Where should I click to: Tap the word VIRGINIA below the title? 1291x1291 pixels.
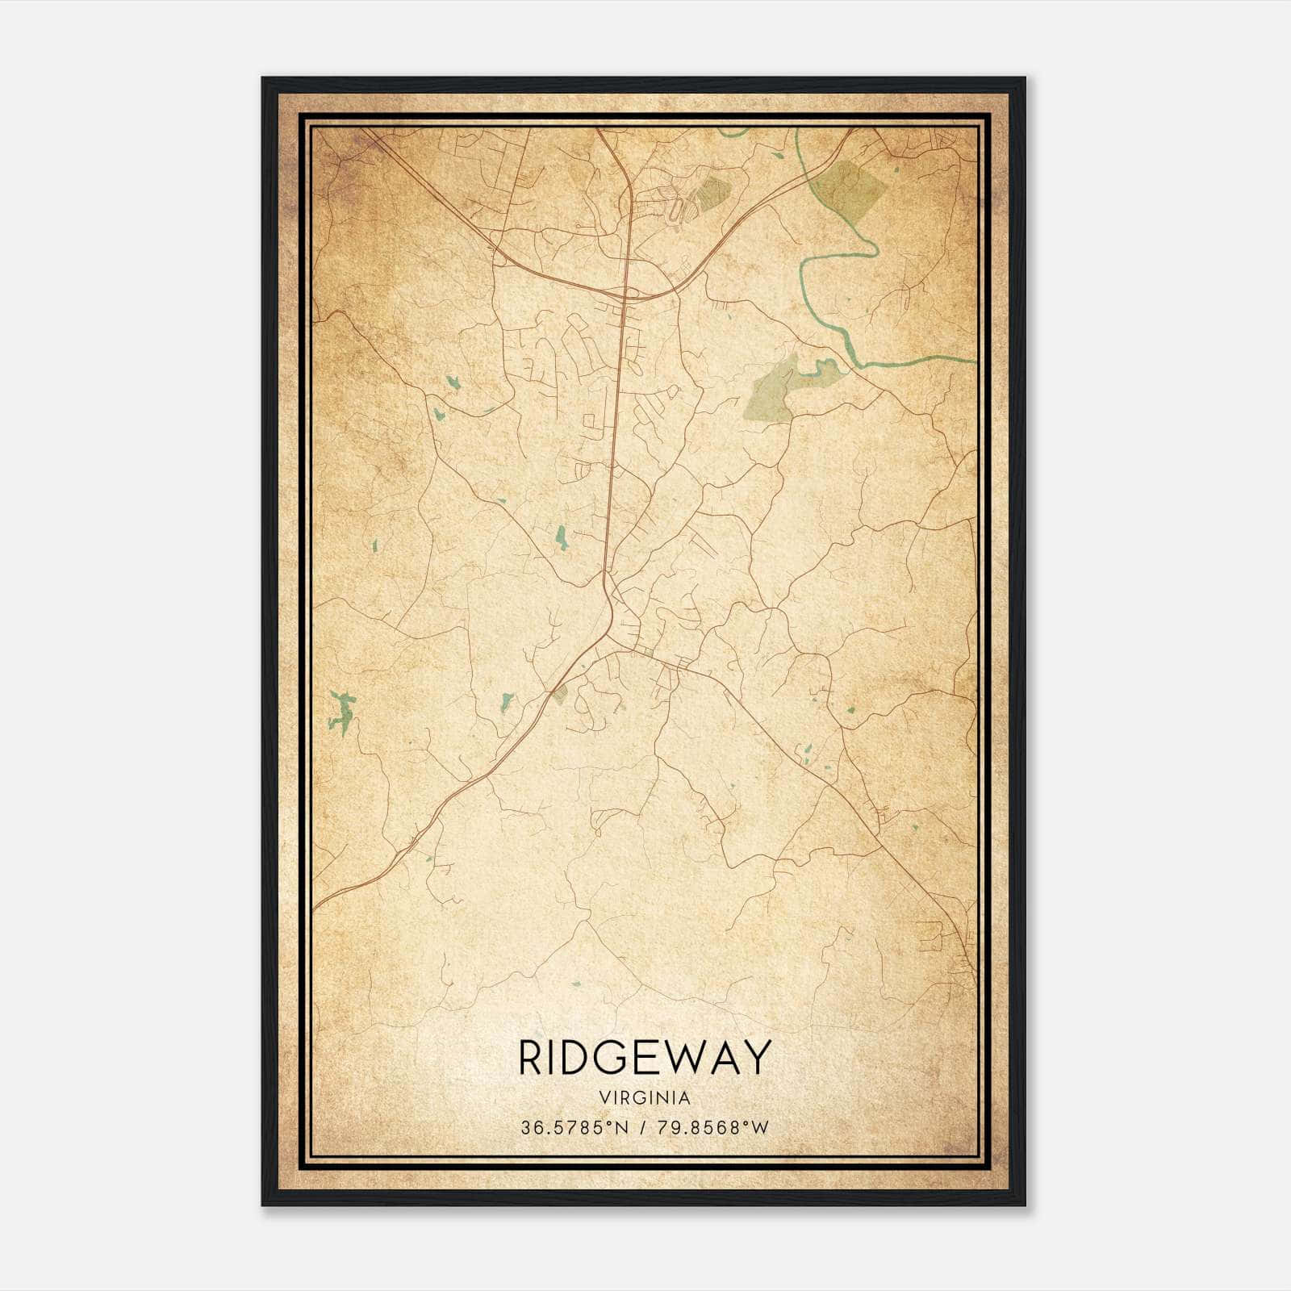click(x=645, y=1098)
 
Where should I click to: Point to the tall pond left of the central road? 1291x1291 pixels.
click(x=561, y=537)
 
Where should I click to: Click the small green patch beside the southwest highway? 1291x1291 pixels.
click(x=559, y=695)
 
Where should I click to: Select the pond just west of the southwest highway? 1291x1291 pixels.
click(x=507, y=700)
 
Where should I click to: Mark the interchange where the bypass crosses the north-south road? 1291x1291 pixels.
click(x=625, y=295)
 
